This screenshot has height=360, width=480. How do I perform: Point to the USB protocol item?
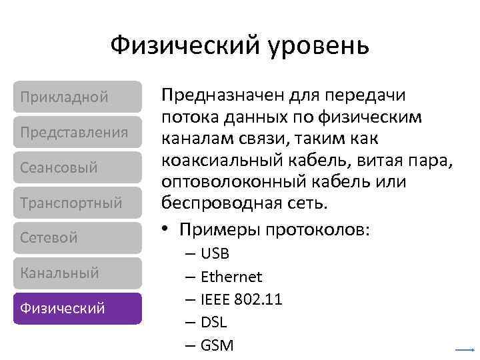click(215, 255)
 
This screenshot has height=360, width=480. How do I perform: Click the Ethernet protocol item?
click(231, 277)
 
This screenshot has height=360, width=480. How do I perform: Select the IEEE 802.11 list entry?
click(241, 300)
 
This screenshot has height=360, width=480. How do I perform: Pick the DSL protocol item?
click(214, 323)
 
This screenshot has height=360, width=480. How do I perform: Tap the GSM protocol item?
click(217, 345)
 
